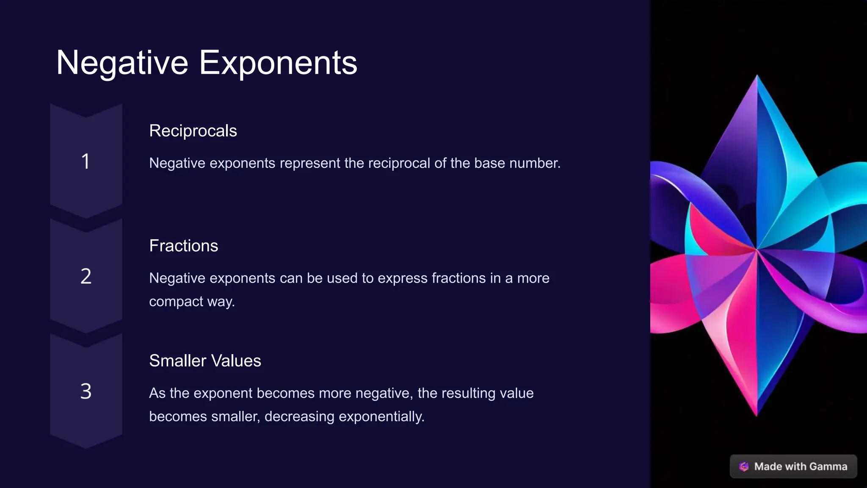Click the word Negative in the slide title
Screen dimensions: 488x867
(122, 63)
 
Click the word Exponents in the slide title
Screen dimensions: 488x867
(278, 63)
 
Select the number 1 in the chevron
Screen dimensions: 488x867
(86, 161)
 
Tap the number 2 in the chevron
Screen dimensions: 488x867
(86, 276)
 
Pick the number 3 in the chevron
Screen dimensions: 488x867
(86, 391)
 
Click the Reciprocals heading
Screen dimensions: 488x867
(193, 131)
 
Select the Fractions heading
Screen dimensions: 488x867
(183, 246)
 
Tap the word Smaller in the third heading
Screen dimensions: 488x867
(177, 361)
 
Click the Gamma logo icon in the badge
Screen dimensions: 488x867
(744, 466)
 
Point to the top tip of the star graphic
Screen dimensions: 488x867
(757, 76)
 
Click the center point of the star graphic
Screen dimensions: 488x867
(757, 250)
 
